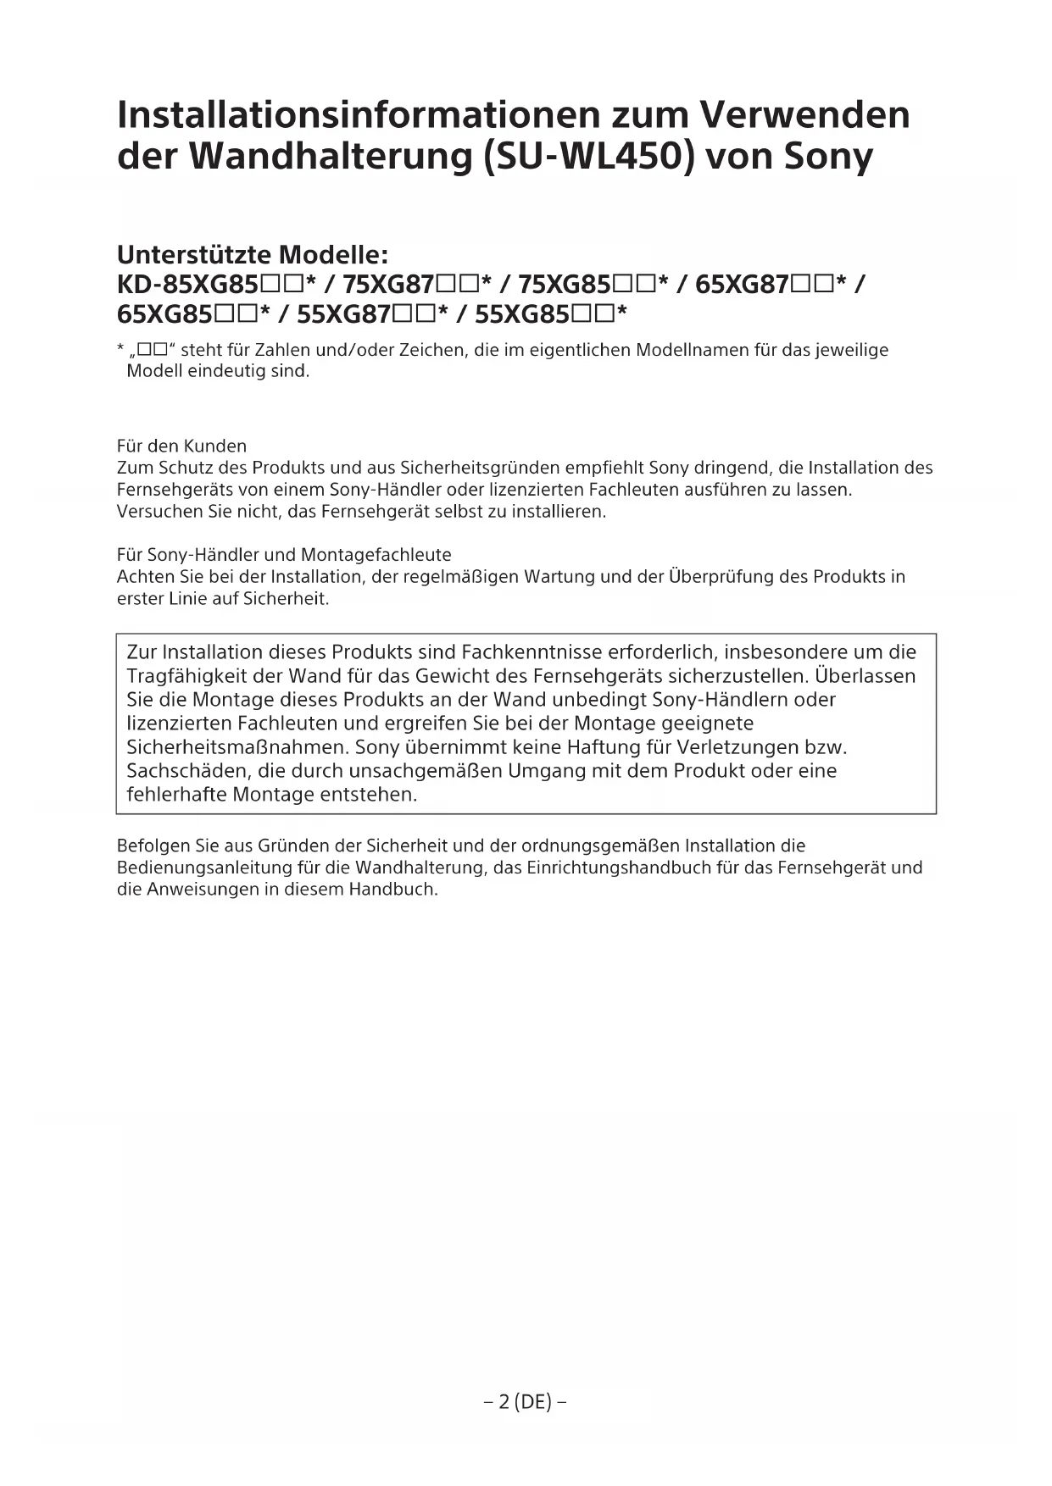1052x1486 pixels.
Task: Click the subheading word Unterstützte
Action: (193, 254)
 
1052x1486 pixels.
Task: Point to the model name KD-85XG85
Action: (187, 285)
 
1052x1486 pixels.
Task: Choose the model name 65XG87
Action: (743, 285)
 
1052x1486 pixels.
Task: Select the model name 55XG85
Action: (521, 315)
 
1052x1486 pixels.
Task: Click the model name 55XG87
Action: (343, 315)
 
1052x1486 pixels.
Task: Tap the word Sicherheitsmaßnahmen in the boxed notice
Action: (237, 747)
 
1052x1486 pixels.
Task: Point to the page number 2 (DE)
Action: (526, 1402)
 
